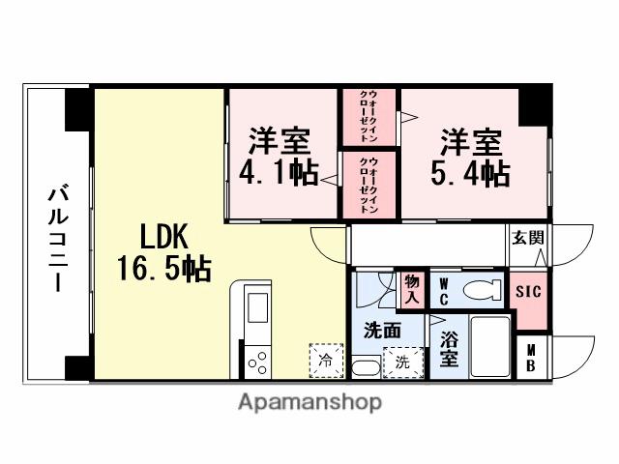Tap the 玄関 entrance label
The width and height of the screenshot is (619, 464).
(527, 237)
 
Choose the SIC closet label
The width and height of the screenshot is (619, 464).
(527, 291)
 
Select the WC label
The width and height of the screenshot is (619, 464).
(443, 289)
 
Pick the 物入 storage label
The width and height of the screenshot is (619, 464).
(412, 289)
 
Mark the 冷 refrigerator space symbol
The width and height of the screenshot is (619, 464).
(325, 361)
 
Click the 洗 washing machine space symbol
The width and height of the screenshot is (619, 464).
(399, 362)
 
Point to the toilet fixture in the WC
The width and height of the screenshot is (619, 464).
(481, 288)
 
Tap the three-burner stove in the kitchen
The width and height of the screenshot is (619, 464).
(258, 363)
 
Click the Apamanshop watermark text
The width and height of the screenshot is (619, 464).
(309, 402)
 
